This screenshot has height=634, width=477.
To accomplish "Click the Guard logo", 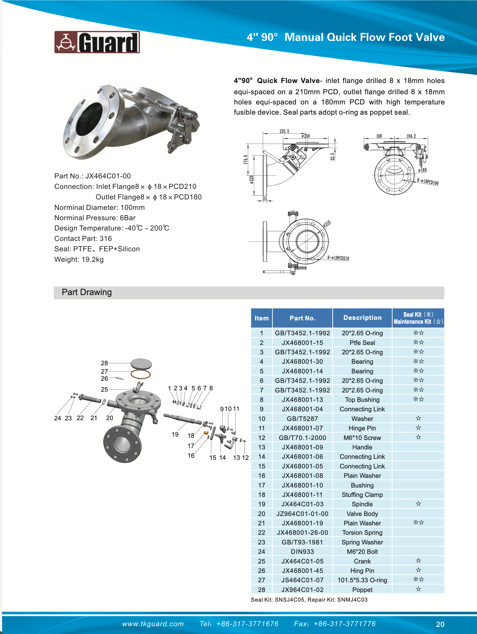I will (x=97, y=42).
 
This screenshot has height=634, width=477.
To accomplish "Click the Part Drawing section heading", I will (x=86, y=292).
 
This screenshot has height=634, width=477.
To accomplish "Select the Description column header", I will (x=362, y=318).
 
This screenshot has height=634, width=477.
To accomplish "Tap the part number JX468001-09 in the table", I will (x=302, y=447).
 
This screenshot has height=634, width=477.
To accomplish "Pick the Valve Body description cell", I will (x=362, y=514).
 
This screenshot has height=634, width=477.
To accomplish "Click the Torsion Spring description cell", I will (x=362, y=532).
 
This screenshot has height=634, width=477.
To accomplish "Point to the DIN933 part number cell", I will (x=302, y=551).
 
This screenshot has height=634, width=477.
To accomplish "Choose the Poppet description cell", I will (x=362, y=590).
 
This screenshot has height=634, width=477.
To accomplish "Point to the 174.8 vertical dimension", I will (x=245, y=160).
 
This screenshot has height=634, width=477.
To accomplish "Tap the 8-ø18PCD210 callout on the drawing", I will (x=338, y=258).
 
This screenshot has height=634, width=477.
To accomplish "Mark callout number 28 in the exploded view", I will (x=104, y=363).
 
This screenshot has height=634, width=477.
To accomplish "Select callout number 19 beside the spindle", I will (x=175, y=434).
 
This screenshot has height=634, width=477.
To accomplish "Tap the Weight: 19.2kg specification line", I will (x=79, y=259).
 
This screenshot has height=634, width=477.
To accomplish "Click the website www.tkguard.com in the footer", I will (x=153, y=624).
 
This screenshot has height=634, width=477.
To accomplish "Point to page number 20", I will (x=440, y=624).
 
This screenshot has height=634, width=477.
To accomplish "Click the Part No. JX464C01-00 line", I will (x=92, y=176).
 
